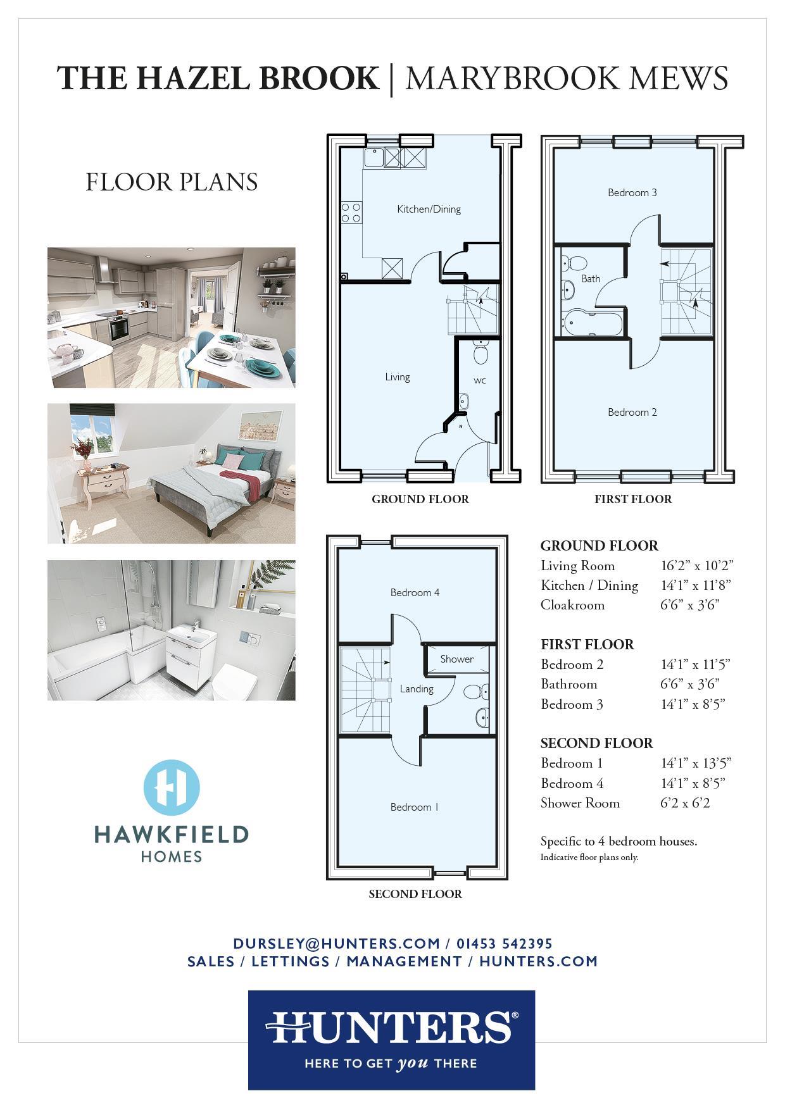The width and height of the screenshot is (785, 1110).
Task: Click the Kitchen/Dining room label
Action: tap(429, 209)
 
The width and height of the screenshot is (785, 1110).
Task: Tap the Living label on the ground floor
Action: tap(398, 377)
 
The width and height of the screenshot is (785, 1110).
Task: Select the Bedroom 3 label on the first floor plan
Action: tap(632, 192)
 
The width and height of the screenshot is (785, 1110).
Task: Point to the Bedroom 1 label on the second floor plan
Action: tap(415, 807)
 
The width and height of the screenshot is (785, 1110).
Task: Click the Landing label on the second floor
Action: tap(417, 689)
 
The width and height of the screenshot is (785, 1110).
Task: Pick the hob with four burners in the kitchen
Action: tap(351, 212)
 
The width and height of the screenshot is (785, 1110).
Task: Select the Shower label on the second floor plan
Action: tap(457, 659)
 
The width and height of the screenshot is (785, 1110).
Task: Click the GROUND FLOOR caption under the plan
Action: tap(420, 499)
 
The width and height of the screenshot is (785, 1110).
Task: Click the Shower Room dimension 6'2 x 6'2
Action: tap(685, 803)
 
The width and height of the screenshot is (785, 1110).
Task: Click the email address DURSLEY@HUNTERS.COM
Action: tap(336, 944)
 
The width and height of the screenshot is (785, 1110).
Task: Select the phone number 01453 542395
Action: tap(505, 944)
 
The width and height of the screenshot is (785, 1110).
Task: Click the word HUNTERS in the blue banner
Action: tap(391, 1026)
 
